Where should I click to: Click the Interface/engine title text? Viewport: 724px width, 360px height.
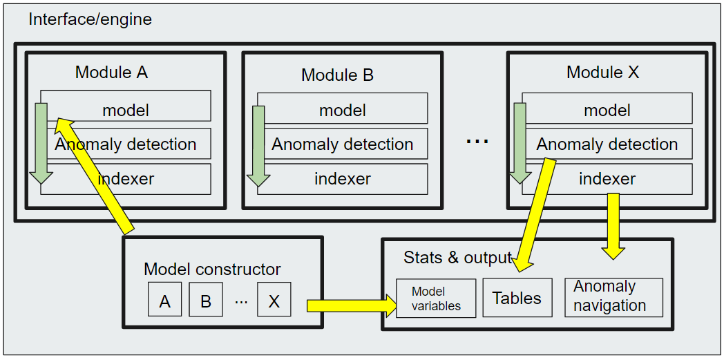90,19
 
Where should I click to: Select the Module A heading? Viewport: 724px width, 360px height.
111,72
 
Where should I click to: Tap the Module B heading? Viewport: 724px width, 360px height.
337,75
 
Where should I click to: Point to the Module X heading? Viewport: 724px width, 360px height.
602,72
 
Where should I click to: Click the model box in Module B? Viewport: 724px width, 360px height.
343,110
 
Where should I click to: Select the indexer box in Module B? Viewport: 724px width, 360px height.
343,179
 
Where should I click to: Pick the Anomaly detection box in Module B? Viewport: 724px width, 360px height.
343,144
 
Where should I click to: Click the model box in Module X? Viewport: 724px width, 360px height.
607,110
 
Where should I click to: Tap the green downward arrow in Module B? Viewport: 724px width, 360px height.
259,145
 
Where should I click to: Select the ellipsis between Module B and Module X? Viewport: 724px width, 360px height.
477,141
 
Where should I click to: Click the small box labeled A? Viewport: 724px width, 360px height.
164,300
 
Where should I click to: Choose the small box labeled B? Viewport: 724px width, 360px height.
205,300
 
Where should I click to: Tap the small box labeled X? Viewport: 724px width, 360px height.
274,300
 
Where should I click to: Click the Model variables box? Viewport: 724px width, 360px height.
436,299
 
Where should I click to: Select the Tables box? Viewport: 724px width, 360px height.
517,298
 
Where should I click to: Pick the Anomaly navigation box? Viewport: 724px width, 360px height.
613,297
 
